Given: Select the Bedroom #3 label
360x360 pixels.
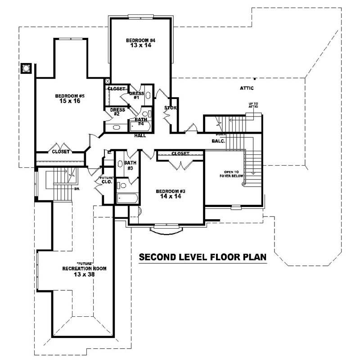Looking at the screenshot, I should [x=170, y=191].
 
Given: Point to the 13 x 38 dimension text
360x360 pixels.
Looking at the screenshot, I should [x=85, y=274].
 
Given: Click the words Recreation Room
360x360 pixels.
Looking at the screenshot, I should [x=85, y=268].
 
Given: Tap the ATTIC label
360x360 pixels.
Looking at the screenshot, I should [x=247, y=88].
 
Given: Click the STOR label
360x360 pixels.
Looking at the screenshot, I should [x=171, y=108].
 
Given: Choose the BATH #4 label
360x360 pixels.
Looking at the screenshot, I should [x=141, y=121].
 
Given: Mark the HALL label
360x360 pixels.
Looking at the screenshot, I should [x=140, y=135].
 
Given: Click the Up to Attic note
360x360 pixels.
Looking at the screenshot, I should [x=253, y=106].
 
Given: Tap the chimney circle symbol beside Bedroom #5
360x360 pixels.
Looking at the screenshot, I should [x=27, y=68].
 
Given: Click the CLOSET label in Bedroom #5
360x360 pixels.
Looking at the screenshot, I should [x=61, y=152].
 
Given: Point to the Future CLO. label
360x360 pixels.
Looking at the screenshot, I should [x=107, y=180].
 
